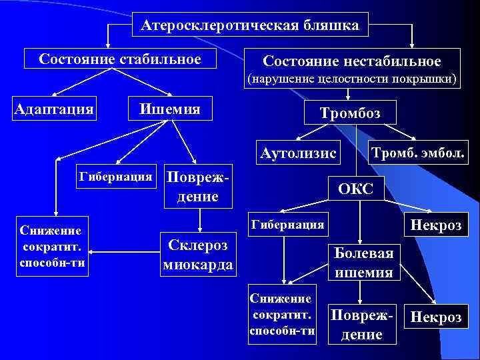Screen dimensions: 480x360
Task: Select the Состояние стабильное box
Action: tap(120, 59)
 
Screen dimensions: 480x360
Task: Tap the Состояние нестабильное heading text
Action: tap(351, 61)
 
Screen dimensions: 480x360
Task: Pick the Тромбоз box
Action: tap(350, 113)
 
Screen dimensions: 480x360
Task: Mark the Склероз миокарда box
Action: tap(197, 254)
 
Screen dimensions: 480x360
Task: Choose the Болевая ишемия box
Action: tap(363, 262)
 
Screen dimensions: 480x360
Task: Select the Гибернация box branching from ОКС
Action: tap(287, 224)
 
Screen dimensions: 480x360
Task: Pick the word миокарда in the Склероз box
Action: tap(197, 265)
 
